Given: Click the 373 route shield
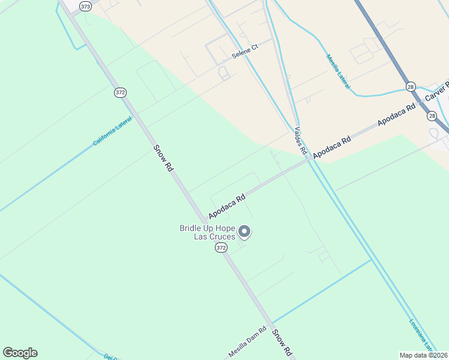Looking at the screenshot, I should point(86,5).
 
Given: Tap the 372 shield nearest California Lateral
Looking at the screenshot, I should point(120,92).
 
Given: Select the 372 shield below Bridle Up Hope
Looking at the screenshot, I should point(221,248).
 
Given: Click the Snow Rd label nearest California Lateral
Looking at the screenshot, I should point(163,158).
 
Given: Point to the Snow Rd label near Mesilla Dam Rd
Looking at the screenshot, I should point(282,342).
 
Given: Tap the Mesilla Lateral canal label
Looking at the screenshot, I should point(339,72).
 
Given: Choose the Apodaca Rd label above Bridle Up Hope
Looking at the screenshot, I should point(228,206).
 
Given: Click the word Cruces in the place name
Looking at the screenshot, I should point(221,236).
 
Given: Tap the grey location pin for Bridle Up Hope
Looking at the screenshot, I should point(244,232).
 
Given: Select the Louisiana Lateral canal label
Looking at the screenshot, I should point(421,334).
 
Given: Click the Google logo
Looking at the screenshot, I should point(20,353).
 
